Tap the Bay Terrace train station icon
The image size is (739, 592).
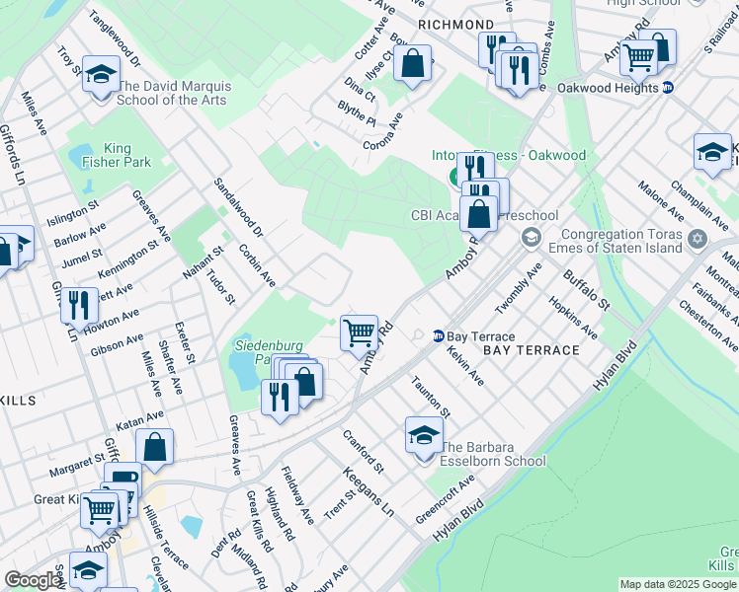point(438,336)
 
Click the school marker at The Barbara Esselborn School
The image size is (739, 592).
point(423,435)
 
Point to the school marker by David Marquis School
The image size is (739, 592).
point(99,75)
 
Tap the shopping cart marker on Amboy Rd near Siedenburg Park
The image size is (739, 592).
point(358,332)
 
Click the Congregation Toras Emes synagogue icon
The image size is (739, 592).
point(698,238)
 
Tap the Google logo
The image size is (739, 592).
point(33,580)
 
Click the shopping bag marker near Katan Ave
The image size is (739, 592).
point(154,447)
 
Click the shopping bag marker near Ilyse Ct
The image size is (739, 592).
point(415,64)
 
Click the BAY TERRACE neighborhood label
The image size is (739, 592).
point(532,350)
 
